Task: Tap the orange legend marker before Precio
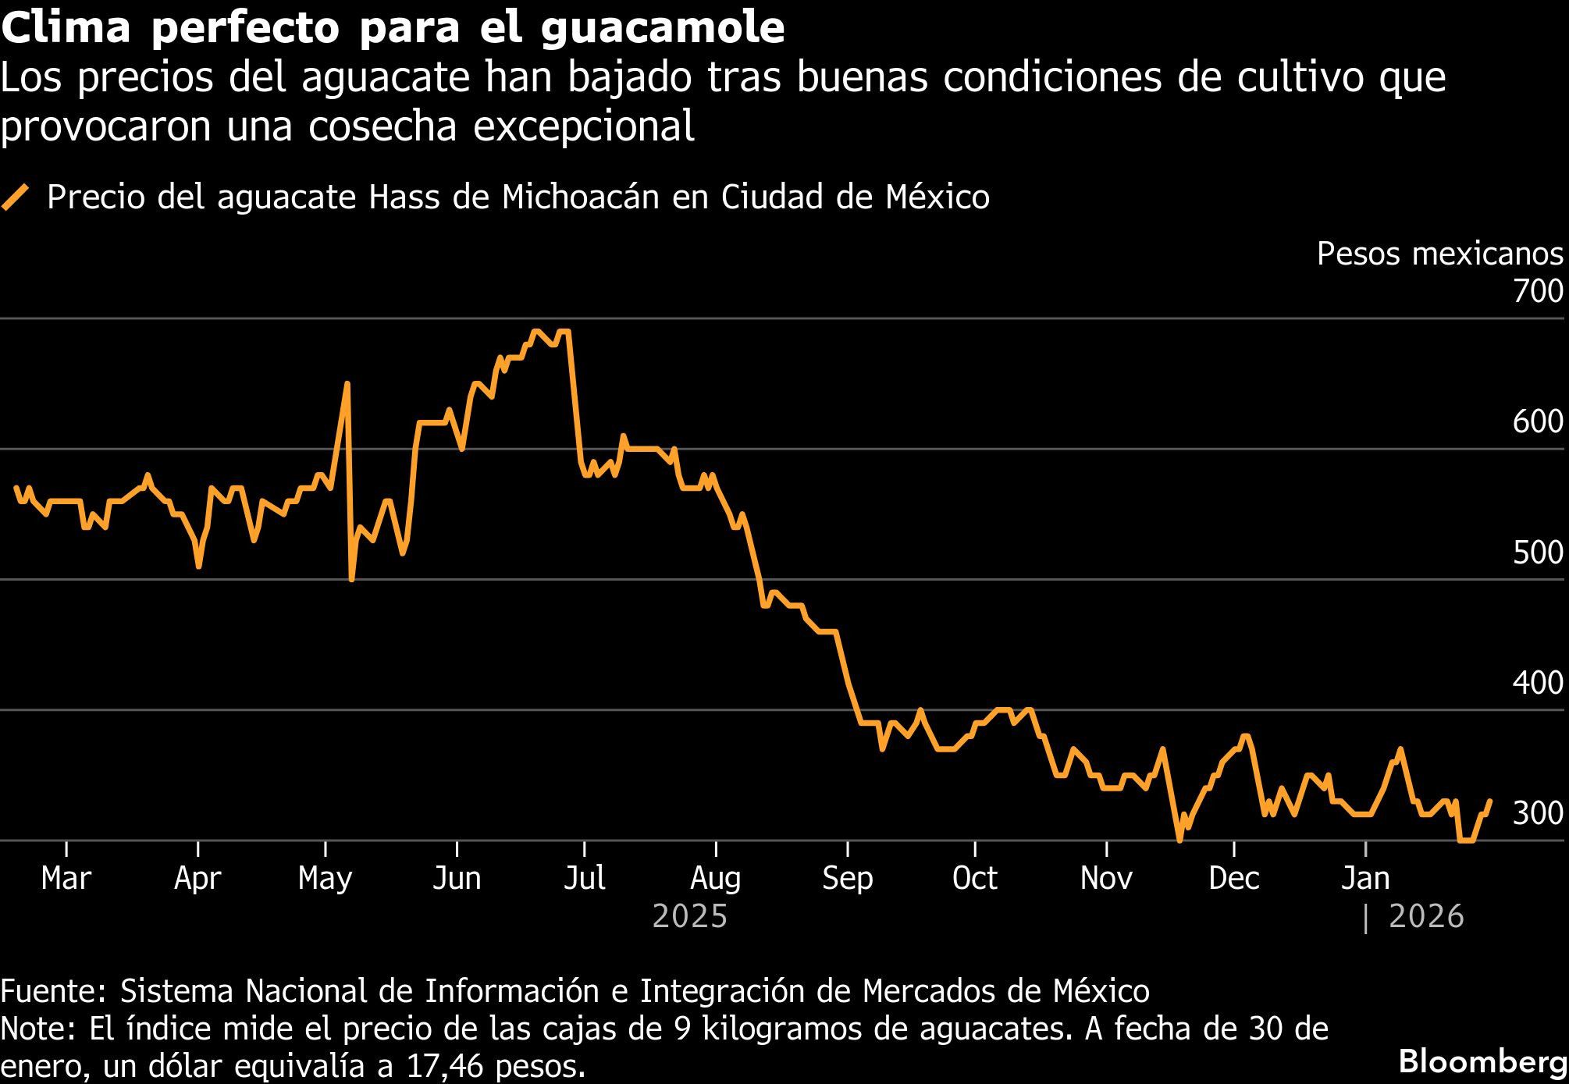click(x=16, y=197)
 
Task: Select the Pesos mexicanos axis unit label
click(x=1439, y=254)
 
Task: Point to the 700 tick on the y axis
click(x=1537, y=293)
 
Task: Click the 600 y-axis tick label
click(x=1537, y=422)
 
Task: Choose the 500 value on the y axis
click(x=1537, y=553)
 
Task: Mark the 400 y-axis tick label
click(x=1537, y=684)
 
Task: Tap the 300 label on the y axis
click(x=1537, y=814)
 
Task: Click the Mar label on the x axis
click(x=66, y=879)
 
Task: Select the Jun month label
click(x=457, y=879)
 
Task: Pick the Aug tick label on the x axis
click(x=715, y=879)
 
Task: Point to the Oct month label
click(x=974, y=879)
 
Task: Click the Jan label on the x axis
click(x=1365, y=879)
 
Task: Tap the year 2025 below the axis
click(x=689, y=916)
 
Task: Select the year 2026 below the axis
click(x=1426, y=916)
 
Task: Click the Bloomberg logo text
click(x=1482, y=1062)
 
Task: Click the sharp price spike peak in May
click(x=347, y=384)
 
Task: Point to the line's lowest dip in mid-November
click(x=1179, y=840)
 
